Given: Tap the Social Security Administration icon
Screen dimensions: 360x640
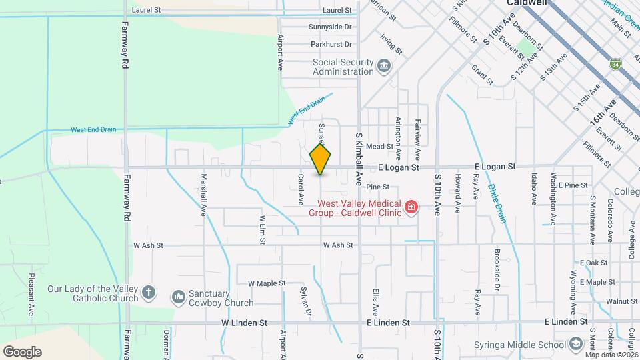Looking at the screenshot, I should pyautogui.click(x=384, y=66).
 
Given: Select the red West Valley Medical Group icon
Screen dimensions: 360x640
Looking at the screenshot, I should pyautogui.click(x=411, y=207).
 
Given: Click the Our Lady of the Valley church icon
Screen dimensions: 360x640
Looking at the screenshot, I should pyautogui.click(x=148, y=293).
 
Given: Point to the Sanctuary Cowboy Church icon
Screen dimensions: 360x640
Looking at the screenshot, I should pyautogui.click(x=178, y=297).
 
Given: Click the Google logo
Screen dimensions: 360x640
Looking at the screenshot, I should pyautogui.click(x=22, y=351).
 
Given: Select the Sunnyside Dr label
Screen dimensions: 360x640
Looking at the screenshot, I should pyautogui.click(x=329, y=27).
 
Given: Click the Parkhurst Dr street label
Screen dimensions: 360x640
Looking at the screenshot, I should pyautogui.click(x=330, y=45).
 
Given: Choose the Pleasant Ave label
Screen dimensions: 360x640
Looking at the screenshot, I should pyautogui.click(x=31, y=294).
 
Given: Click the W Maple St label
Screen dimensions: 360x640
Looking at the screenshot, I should pyautogui.click(x=267, y=283).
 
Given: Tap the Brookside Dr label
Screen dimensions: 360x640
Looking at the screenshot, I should pyautogui.click(x=497, y=270).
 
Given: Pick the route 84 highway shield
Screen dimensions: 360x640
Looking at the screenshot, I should pyautogui.click(x=615, y=64).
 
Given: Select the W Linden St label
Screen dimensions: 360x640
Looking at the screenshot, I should pyautogui.click(x=244, y=323).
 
